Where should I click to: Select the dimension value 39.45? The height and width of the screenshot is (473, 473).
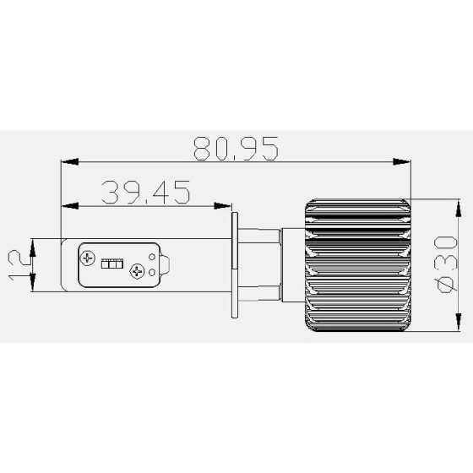point(145,193)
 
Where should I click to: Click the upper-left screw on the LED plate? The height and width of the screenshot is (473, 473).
point(90,255)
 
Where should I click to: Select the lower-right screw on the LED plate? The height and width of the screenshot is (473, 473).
point(137,272)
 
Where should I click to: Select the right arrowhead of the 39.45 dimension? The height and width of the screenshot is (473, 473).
point(226,205)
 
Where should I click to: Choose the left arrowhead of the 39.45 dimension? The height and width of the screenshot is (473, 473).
point(68,205)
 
